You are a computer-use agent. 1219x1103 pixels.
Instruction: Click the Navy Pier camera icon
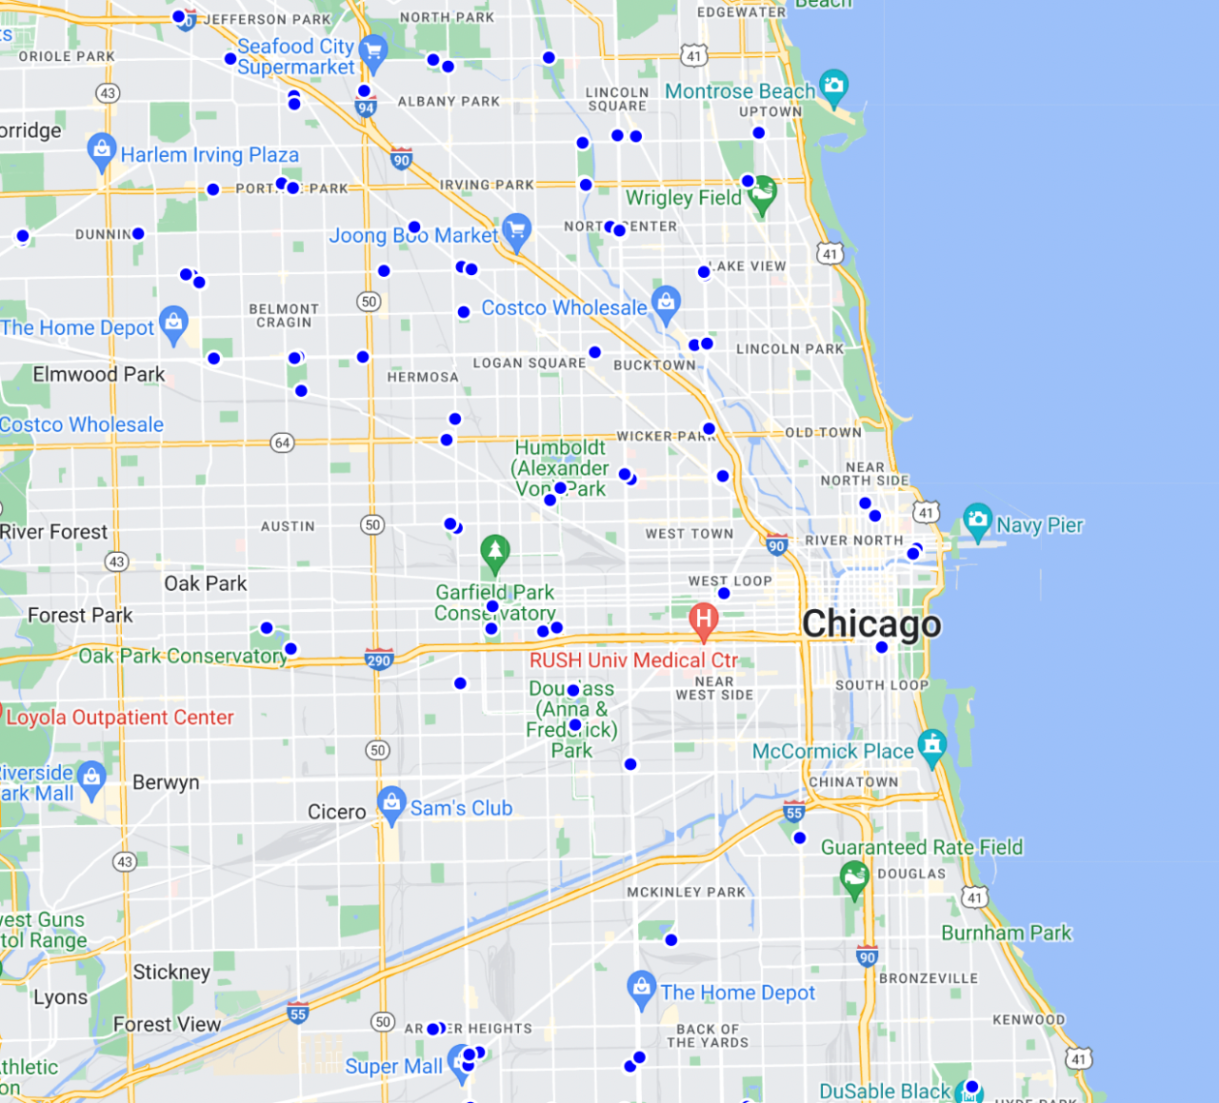coord(977,520)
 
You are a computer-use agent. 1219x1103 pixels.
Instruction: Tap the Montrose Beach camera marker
coord(833,87)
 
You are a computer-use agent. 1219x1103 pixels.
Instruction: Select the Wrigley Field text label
coord(683,198)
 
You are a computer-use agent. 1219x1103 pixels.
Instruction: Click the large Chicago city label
coord(871,624)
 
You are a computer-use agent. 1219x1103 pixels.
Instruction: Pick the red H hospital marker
coord(704,620)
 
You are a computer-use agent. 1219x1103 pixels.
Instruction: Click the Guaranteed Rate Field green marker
coord(854,876)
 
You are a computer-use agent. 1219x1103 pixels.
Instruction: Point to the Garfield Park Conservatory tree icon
coord(494,551)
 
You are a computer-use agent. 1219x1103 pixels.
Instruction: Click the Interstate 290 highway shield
coord(379,660)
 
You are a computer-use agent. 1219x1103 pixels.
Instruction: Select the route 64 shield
coord(282,443)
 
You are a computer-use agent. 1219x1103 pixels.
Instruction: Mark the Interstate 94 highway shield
coord(366,108)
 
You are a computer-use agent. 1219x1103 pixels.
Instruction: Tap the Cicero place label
coord(336,812)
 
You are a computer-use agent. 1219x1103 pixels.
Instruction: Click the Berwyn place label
coord(166,782)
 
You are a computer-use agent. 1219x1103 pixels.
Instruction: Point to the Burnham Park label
coord(1007,933)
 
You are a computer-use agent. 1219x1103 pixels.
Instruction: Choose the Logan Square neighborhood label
coord(530,363)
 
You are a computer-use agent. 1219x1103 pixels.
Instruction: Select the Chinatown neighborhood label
coord(853,782)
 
